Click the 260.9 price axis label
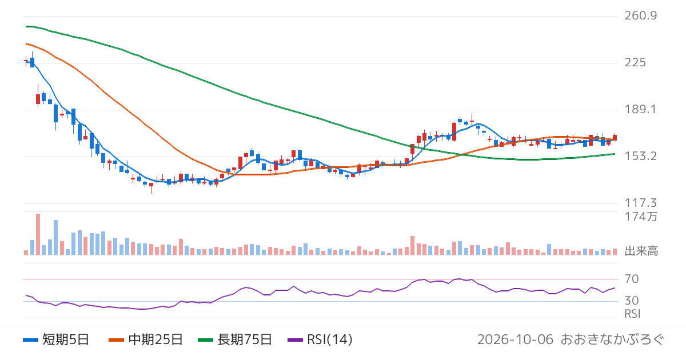[x=641, y=15]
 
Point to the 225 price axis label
[x=635, y=62]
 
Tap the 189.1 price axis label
[x=640, y=109]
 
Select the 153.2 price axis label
[x=641, y=156]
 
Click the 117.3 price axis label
[x=641, y=203]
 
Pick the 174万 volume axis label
[x=641, y=217]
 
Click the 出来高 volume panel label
[x=641, y=251]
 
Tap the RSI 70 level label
[x=632, y=279]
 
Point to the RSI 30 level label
[x=632, y=301]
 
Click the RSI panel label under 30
[x=632, y=314]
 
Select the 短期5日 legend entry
[x=56, y=339]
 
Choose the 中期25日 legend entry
[x=146, y=339]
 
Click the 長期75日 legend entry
[x=235, y=339]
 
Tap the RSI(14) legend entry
[x=320, y=339]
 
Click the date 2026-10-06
[x=515, y=339]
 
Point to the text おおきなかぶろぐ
[x=612, y=339]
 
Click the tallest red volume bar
[x=38, y=234]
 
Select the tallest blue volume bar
[x=56, y=237]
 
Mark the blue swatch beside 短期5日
[x=30, y=340]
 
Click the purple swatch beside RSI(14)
[x=295, y=340]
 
